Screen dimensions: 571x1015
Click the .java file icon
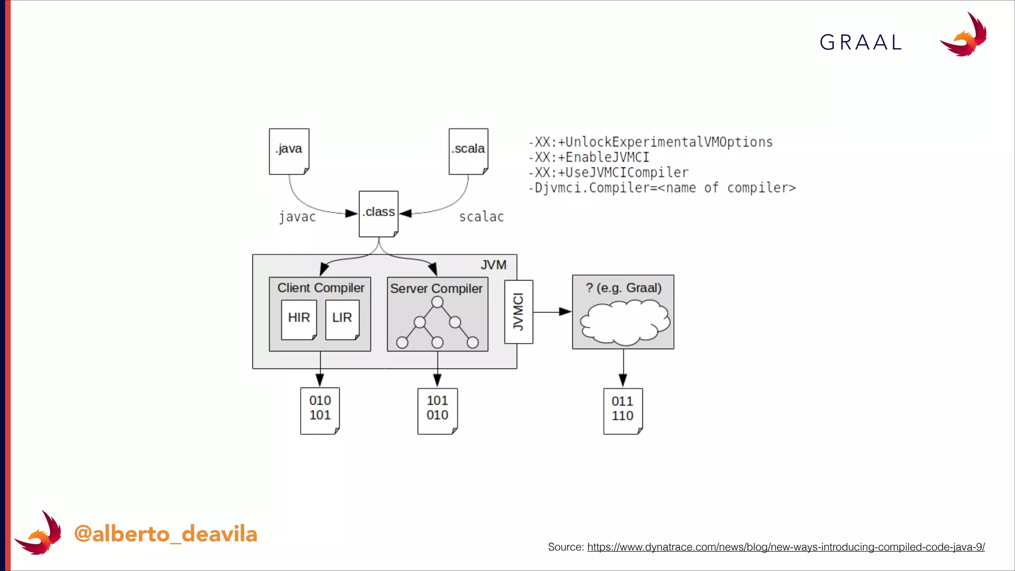point(289,151)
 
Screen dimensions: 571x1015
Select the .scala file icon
point(468,151)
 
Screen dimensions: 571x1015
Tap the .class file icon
point(379,214)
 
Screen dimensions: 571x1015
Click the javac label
point(297,217)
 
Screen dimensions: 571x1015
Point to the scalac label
point(481,217)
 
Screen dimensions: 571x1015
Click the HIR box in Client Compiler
point(299,319)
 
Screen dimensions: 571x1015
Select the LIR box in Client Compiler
point(342,319)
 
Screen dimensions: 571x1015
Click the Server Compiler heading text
point(436,288)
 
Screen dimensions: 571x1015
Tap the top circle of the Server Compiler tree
point(437,302)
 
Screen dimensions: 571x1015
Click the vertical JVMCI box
point(518,312)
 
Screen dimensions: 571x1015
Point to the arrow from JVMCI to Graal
point(552,312)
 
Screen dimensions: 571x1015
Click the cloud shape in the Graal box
point(624,323)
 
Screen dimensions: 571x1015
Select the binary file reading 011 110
point(623,411)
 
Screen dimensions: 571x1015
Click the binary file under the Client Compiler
point(320,410)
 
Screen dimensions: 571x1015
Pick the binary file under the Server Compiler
point(437,410)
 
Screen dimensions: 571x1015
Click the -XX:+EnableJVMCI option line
point(589,158)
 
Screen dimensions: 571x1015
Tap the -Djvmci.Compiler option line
point(662,188)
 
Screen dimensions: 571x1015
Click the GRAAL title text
point(861,43)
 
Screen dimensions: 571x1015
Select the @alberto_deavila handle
point(166,534)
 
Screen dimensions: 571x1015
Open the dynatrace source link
point(786,547)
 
